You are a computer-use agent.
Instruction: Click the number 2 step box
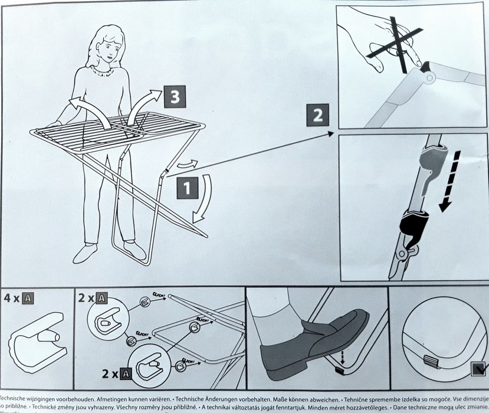tap(318, 114)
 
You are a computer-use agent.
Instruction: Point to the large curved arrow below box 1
tap(204, 201)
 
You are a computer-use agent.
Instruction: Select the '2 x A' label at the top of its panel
tap(92, 297)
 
